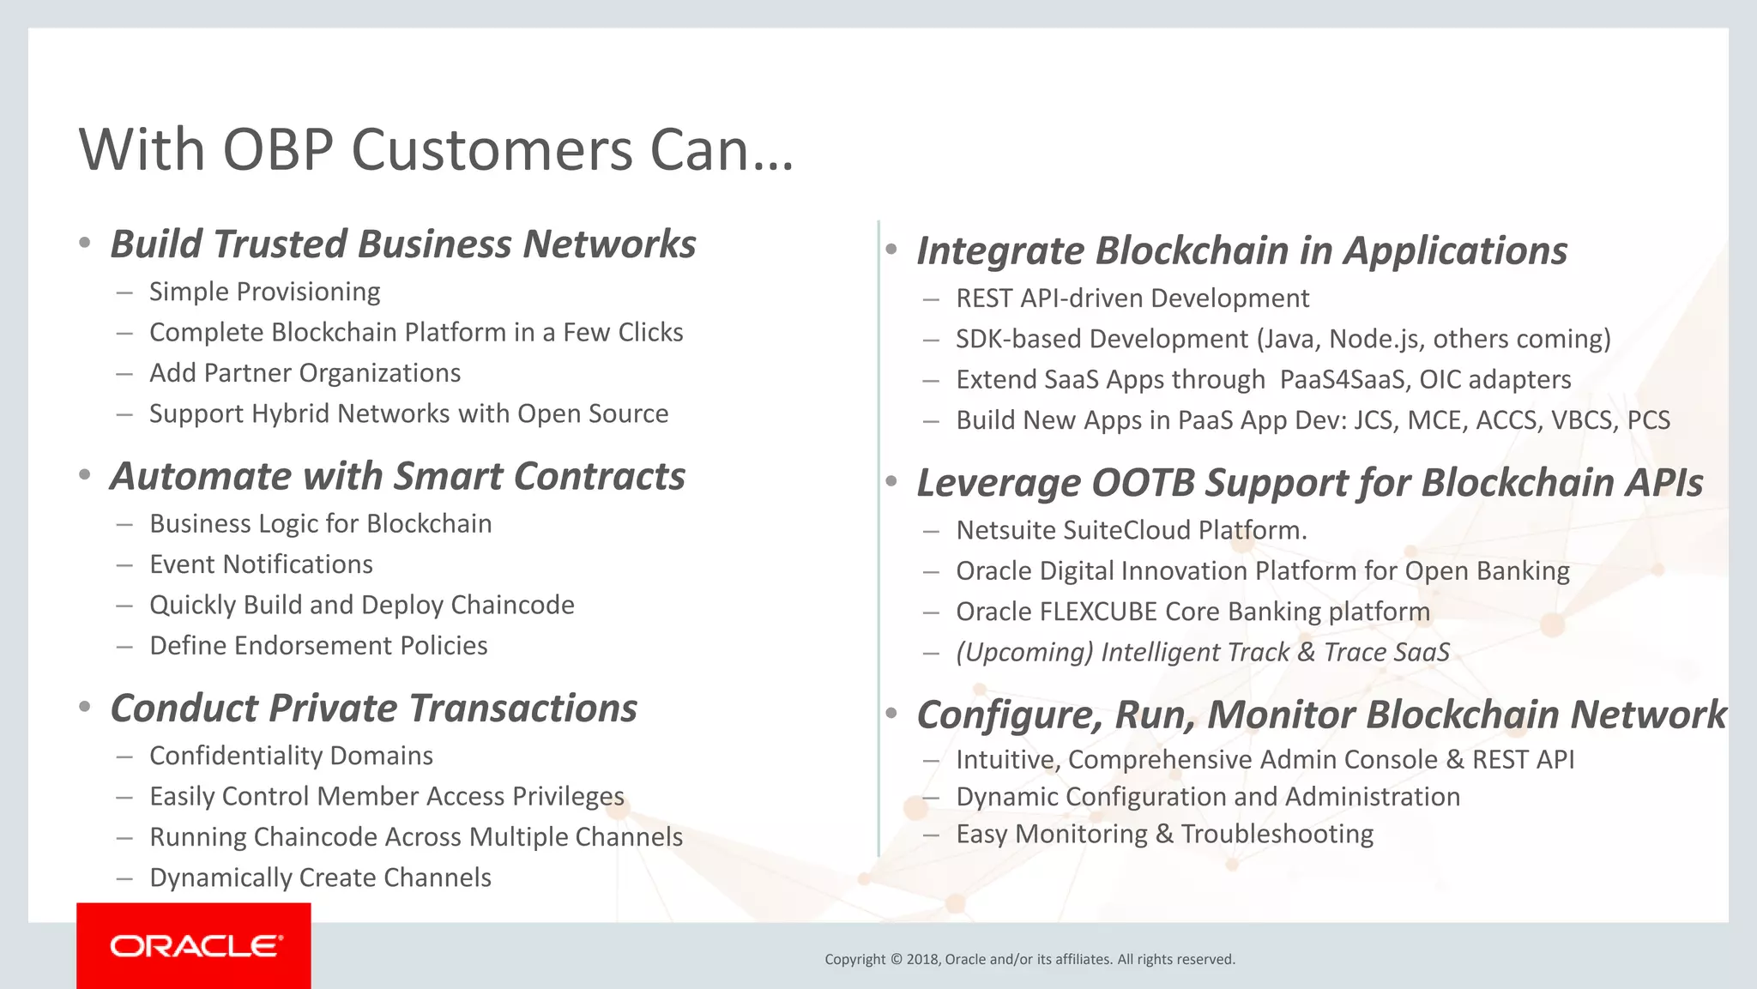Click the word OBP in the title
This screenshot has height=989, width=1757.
point(277,150)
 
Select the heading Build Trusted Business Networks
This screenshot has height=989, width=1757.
point(402,244)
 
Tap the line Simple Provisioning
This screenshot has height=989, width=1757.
point(264,292)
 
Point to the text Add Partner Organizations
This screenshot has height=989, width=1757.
point(305,373)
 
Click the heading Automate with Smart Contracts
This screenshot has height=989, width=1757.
point(397,476)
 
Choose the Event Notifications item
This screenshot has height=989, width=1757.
point(261,564)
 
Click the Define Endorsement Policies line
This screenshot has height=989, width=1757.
point(318,646)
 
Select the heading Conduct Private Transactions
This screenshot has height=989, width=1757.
point(373,709)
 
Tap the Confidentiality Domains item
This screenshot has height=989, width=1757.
point(291,756)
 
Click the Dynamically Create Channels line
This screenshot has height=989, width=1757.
point(320,877)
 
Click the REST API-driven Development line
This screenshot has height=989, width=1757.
point(1132,299)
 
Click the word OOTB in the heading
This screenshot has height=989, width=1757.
point(1142,483)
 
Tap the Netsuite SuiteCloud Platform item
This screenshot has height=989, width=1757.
point(1131,530)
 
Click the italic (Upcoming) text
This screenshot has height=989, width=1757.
point(1024,653)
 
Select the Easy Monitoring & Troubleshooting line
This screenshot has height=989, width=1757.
point(1164,834)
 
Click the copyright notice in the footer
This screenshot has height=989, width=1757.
point(1029,959)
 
